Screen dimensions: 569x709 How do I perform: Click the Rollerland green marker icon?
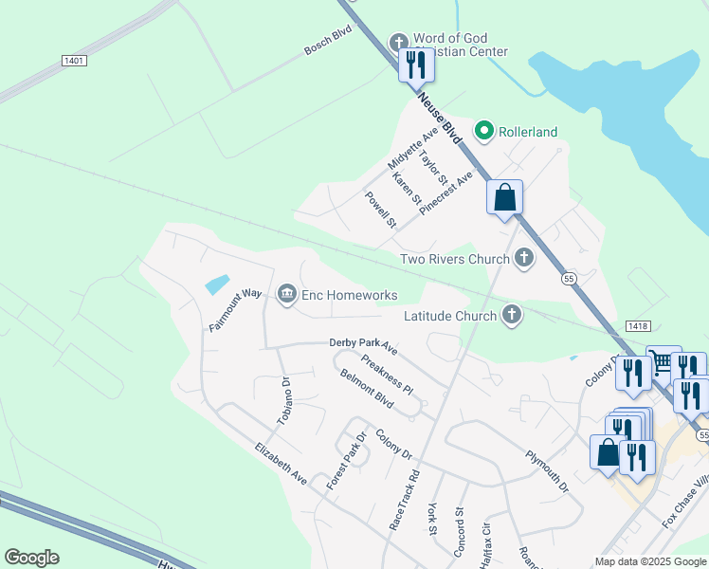pos(484,131)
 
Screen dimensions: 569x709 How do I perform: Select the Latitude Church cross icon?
pos(512,315)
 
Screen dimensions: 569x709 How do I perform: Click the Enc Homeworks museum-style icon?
pos(286,295)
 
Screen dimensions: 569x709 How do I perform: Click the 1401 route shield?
pos(73,61)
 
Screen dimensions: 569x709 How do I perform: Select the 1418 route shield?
pos(637,325)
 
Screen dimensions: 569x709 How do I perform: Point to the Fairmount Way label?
pos(235,309)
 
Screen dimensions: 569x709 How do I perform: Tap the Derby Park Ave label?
pos(363,346)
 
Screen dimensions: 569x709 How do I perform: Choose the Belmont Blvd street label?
pos(366,388)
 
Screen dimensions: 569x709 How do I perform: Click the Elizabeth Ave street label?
pos(281,464)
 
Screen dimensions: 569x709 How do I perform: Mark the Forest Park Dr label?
pos(346,461)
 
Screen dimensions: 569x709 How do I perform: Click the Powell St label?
pos(380,210)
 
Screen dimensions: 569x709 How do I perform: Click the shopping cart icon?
pos(662,361)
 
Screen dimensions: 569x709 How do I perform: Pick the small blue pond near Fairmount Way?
pos(216,283)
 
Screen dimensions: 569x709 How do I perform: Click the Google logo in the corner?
pos(31,558)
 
